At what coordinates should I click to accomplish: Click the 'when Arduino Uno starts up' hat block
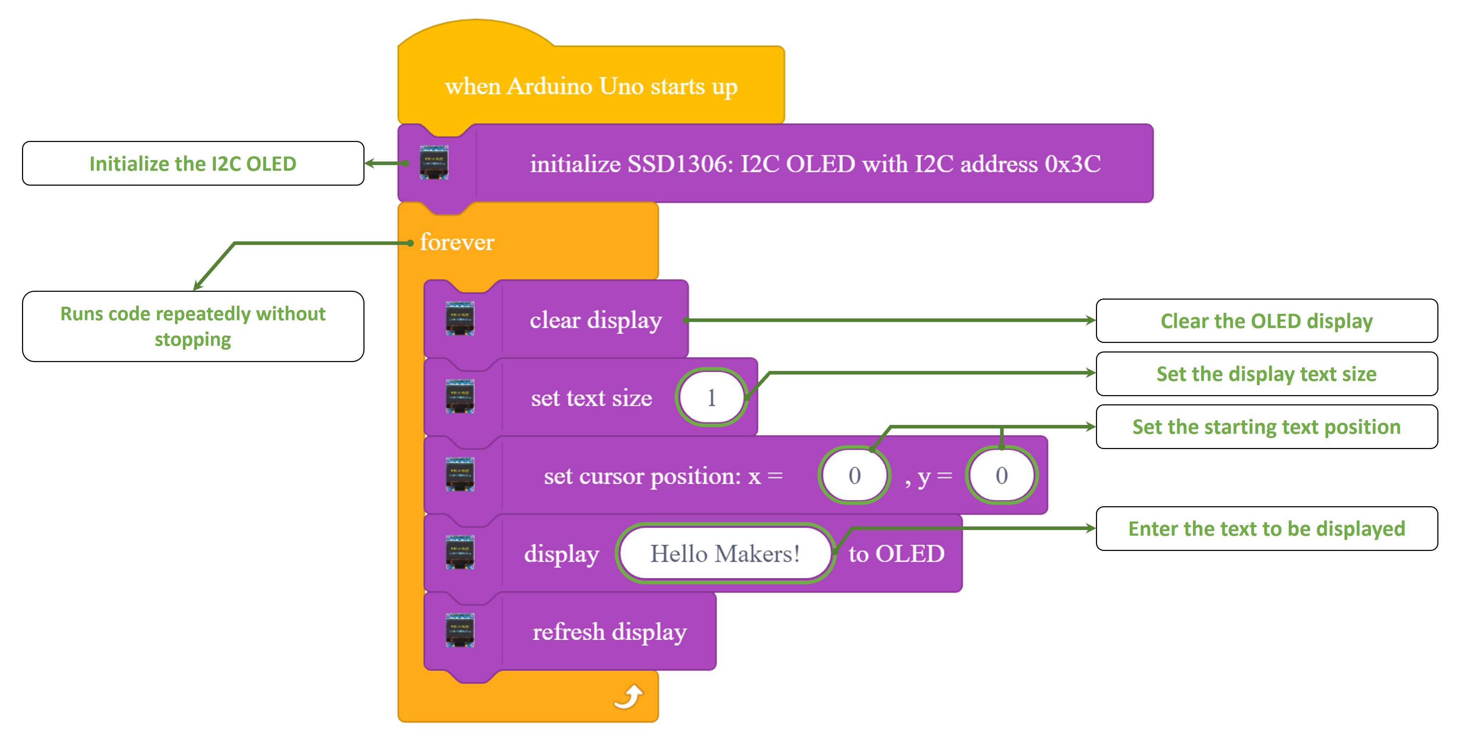pos(591,86)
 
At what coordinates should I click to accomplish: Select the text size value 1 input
pos(711,398)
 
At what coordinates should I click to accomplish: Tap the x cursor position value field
pos(854,475)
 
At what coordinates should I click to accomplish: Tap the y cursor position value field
pos(1001,475)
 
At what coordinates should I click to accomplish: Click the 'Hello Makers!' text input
pos(725,554)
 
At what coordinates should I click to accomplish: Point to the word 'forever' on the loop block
pos(457,242)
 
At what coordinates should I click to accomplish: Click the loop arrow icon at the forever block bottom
pos(628,697)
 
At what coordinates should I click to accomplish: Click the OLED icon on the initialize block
pos(434,163)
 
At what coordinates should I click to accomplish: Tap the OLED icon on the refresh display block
pos(460,631)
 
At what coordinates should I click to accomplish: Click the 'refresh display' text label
pos(609,632)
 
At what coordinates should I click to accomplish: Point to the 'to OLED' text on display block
pos(896,554)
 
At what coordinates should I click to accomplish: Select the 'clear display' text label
pos(596,320)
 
